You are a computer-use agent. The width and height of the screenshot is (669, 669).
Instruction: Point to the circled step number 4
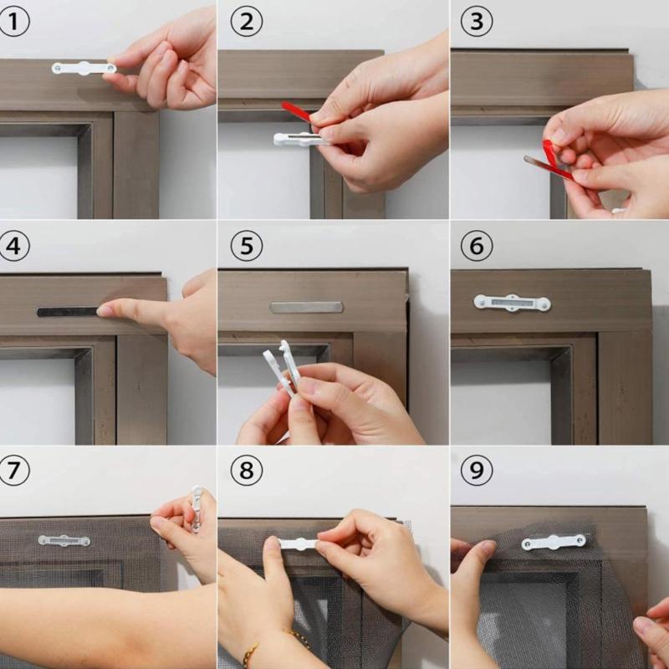pos(14,246)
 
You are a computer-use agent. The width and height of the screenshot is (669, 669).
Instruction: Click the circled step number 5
pos(246,246)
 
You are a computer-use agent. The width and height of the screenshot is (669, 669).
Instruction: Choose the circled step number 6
pos(477,246)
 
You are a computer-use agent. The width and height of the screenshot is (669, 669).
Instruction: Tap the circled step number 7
pos(14,471)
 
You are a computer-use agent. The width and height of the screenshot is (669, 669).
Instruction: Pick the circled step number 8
pos(246,471)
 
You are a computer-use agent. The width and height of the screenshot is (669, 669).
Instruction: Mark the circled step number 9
pos(477,471)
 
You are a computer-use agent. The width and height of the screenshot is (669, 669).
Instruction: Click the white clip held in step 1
pos(83,68)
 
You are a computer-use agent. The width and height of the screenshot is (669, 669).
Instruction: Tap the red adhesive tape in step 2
pos(297,112)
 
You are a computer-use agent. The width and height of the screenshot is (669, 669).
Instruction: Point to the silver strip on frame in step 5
pos(306,307)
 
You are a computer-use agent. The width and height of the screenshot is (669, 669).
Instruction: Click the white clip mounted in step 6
pos(512,303)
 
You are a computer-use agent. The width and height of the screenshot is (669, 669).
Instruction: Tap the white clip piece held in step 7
pos(197,508)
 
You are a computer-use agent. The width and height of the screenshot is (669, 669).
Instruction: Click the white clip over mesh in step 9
pos(554,542)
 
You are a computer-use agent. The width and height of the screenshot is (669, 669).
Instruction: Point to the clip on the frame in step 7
pos(64,540)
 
